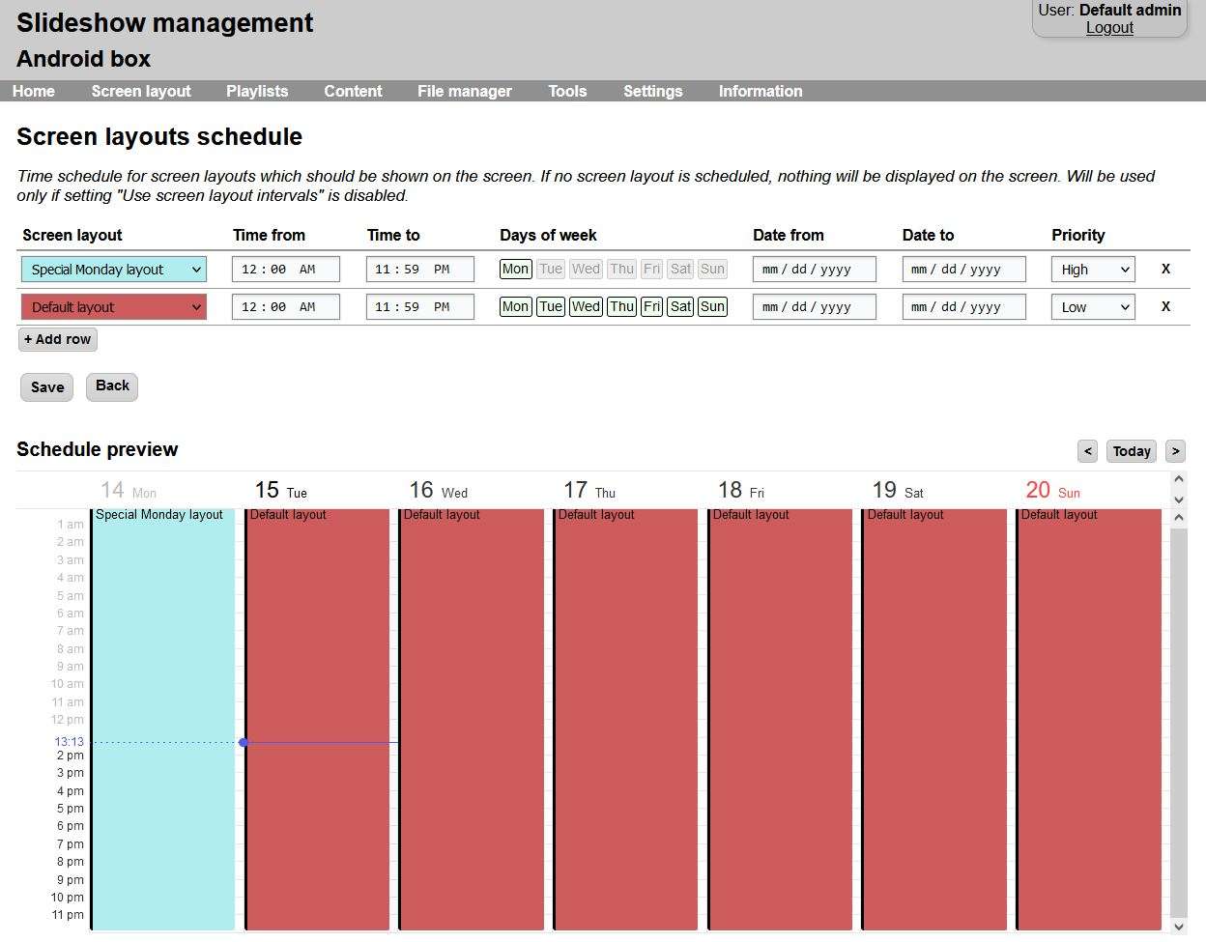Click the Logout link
coord(1109,28)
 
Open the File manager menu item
coord(464,91)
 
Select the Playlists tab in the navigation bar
coord(257,91)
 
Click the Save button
coord(46,387)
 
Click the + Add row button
coord(58,339)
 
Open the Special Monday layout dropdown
coord(114,270)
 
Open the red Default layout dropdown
coord(114,307)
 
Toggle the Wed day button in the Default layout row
coord(586,306)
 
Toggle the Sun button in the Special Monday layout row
coord(712,269)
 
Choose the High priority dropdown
coord(1093,270)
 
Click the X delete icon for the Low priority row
coord(1165,306)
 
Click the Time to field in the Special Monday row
coord(419,270)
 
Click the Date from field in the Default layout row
coord(814,307)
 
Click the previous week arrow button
coord(1088,451)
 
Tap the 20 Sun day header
coord(1052,491)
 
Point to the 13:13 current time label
coord(69,742)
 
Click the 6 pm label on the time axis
coord(70,826)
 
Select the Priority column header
coord(1077,235)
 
